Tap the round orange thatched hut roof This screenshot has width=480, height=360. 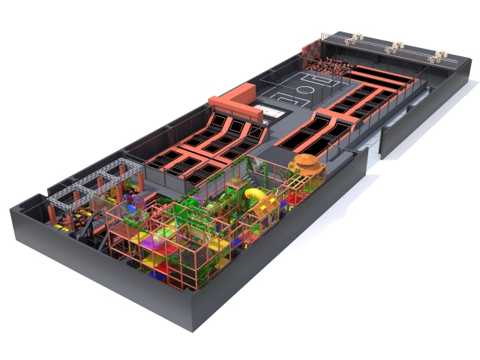coord(306,163)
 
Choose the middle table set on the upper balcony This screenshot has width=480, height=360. coord(394,48)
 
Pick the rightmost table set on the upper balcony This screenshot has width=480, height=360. coord(436,56)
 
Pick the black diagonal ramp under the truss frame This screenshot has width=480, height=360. coord(95,221)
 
